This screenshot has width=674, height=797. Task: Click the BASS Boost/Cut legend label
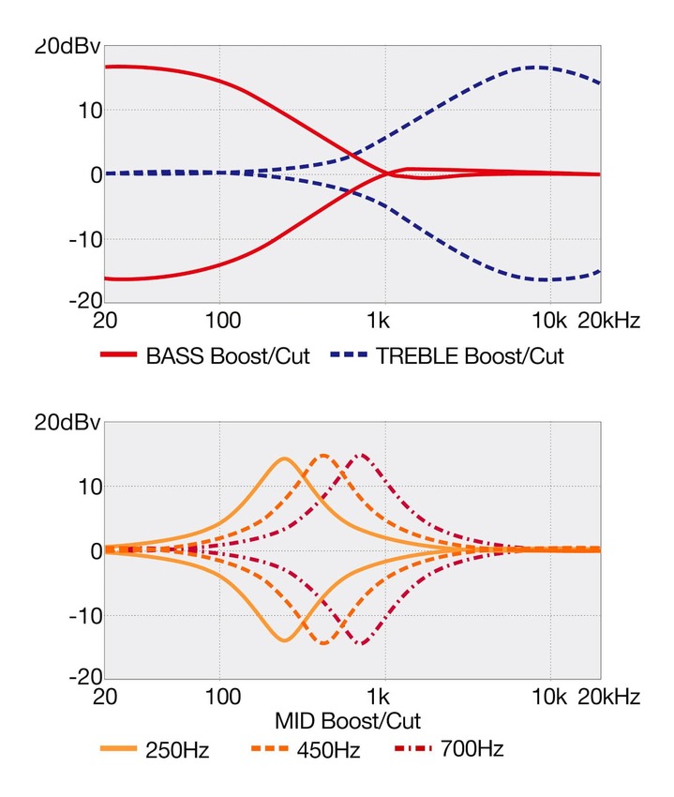[x=228, y=356]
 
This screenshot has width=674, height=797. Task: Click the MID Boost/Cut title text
[x=347, y=721]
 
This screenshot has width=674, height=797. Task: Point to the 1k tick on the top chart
[x=380, y=322]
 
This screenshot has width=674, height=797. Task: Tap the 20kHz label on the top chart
[x=609, y=322]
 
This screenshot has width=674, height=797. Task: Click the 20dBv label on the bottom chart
[x=67, y=423]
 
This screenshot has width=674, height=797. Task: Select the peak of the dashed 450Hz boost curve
[x=323, y=455]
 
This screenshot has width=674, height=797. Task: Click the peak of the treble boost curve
[x=536, y=67]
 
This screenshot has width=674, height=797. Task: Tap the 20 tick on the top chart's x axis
[x=105, y=322]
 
